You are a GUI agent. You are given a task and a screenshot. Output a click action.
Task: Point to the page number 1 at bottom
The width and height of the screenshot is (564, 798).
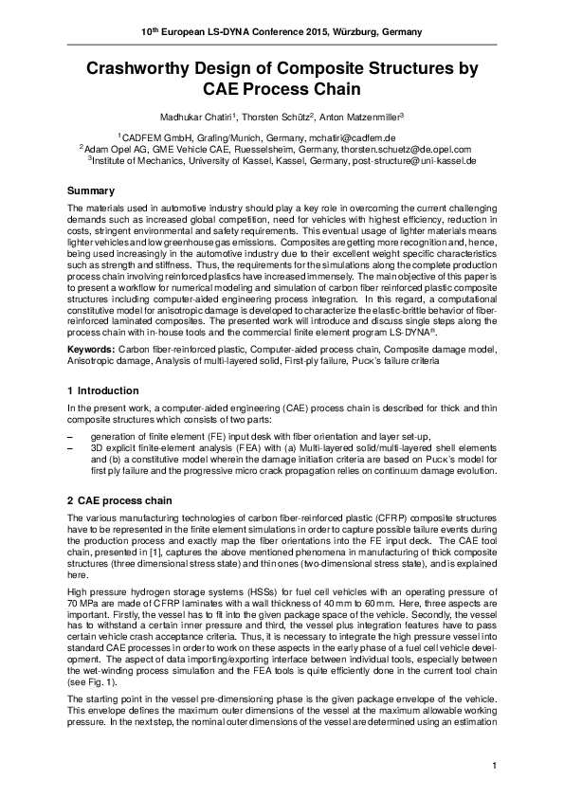(x=495, y=764)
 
